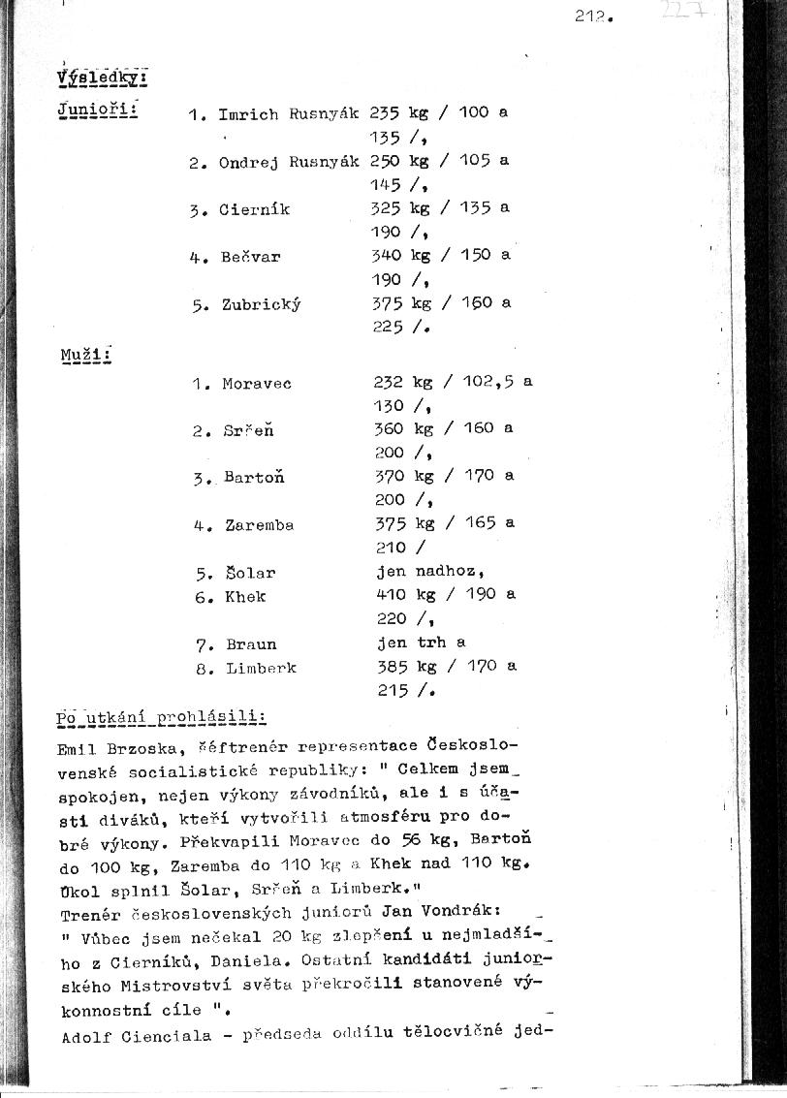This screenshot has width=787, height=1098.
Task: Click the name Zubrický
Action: click(261, 304)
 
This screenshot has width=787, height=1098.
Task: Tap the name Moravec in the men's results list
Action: click(256, 384)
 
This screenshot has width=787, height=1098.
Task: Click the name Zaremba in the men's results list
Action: click(259, 525)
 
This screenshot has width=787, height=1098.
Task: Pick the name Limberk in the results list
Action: click(261, 668)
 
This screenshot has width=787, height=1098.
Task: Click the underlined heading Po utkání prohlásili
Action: click(161, 718)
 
